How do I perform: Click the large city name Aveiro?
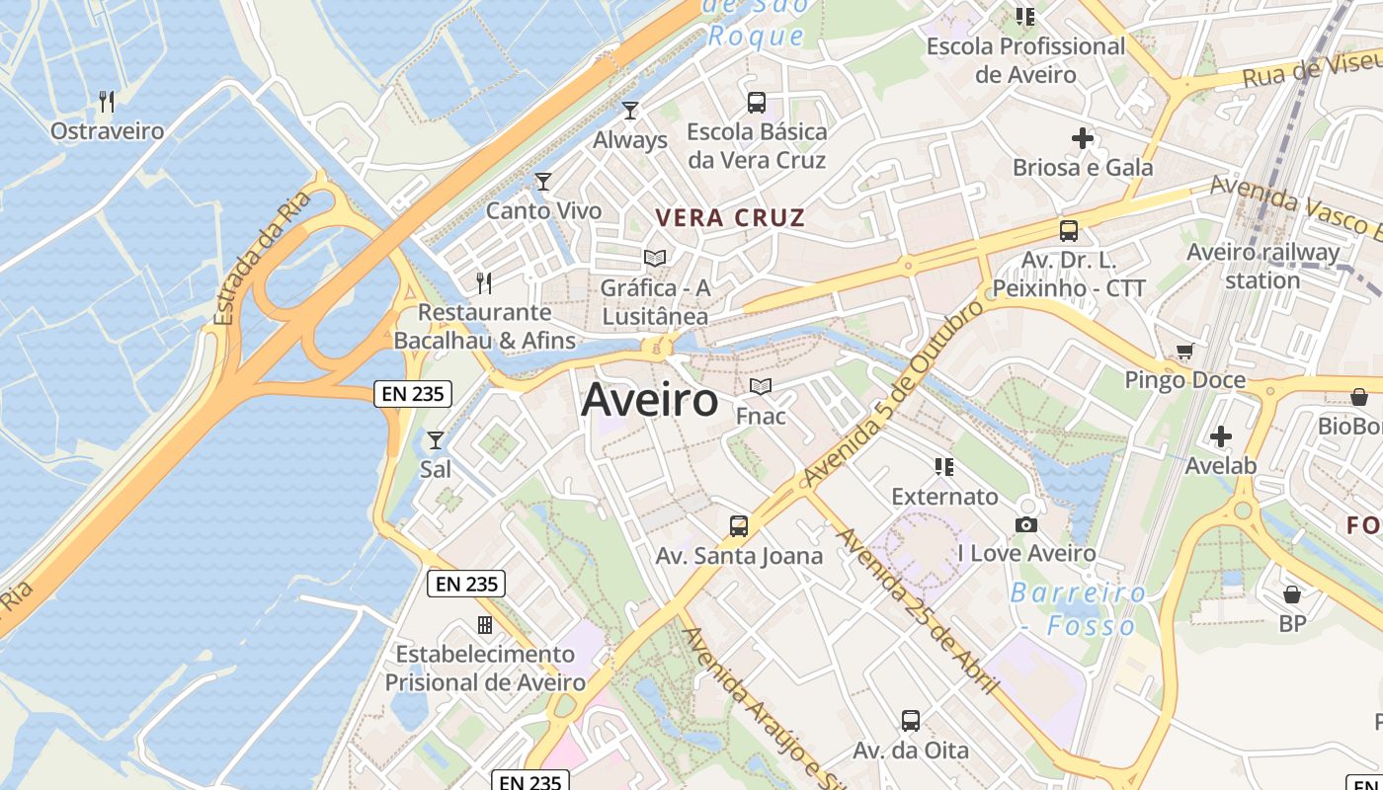pos(649,400)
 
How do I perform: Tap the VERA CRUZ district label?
pos(730,218)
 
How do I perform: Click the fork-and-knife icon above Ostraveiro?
pos(107,101)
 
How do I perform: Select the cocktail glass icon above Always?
pos(630,110)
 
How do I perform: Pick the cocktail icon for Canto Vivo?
pos(542,181)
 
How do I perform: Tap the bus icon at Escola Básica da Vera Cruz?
pos(756,102)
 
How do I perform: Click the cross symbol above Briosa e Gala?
pos(1083,138)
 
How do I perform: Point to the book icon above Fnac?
pos(760,386)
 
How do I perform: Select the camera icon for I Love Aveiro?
pos(1026,524)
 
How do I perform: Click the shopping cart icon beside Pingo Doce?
pos(1184,352)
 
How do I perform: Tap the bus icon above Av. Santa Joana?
pos(739,526)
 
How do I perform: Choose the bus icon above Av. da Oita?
pos(911,721)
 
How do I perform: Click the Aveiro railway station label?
pos(1262,266)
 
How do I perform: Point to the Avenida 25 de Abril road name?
pos(918,611)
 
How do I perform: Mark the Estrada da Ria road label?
pos(262,257)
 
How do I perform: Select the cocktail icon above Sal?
pos(435,439)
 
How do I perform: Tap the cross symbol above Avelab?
pos(1221,435)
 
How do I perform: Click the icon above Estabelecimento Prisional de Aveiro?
pos(484,624)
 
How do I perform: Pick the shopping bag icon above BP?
pos(1291,594)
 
